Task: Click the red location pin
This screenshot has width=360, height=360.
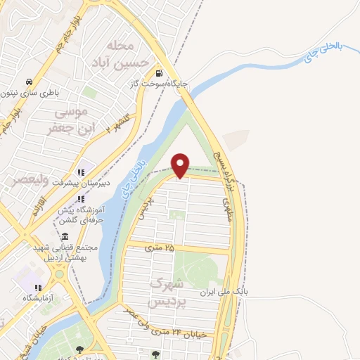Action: tap(181, 165)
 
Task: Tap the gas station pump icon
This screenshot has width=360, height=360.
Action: tap(159, 73)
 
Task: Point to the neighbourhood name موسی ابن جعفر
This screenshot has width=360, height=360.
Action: tap(68, 120)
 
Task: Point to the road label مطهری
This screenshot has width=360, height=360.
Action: tap(226, 210)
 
